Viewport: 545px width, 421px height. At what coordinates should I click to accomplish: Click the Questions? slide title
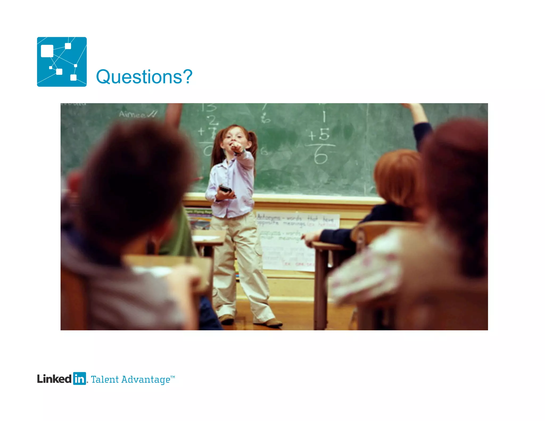144,77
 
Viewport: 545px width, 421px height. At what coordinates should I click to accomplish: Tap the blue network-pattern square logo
62,62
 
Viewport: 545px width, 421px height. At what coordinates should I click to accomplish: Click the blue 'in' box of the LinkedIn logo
79,378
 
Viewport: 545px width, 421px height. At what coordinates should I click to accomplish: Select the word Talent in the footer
105,379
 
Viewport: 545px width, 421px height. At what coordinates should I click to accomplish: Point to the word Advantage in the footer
146,380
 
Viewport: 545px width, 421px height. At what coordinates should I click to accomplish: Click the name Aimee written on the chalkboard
133,115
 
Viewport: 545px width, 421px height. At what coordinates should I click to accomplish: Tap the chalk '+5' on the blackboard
319,134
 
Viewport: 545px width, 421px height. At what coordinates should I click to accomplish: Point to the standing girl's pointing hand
236,147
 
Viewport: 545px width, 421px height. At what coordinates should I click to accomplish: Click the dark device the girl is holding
225,189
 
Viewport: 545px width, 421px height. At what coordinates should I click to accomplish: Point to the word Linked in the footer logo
54,379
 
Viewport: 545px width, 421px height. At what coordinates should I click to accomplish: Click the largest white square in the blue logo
47,51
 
